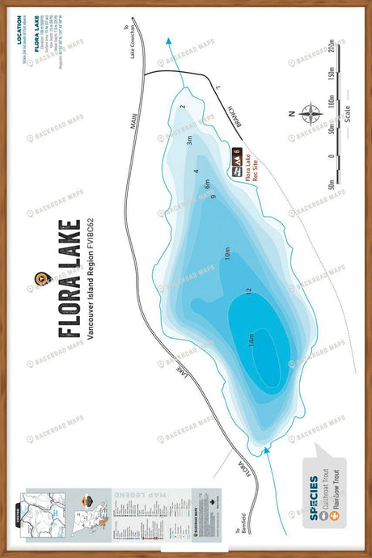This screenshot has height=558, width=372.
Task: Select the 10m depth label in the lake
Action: point(227,258)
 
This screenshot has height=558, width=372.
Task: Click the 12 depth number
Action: point(248,290)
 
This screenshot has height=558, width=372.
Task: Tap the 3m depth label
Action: point(188,140)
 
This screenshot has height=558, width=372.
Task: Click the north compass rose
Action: point(310,112)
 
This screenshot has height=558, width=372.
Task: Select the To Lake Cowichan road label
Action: point(129,46)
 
